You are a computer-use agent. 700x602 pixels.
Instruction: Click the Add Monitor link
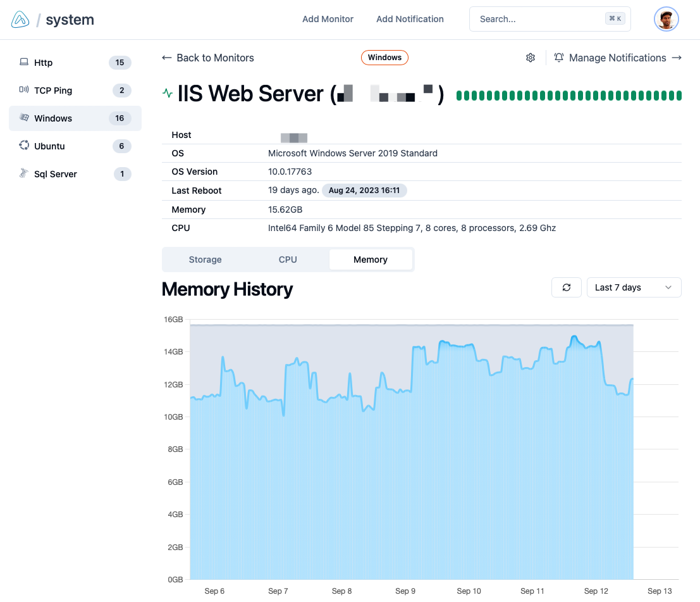click(328, 19)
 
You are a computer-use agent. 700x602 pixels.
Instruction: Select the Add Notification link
click(410, 19)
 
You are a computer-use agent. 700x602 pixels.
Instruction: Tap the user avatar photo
click(666, 19)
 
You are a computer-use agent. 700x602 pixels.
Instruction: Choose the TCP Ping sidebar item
click(53, 91)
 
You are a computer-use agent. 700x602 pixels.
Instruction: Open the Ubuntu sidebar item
click(49, 146)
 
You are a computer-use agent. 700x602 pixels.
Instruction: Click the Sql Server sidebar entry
click(55, 174)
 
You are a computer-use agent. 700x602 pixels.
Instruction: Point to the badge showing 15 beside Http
click(120, 63)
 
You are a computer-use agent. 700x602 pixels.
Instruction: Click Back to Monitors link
click(208, 58)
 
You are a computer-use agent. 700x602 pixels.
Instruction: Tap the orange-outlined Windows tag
click(384, 58)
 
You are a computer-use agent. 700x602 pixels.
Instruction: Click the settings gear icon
click(531, 58)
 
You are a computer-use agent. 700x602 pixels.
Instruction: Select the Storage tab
click(205, 260)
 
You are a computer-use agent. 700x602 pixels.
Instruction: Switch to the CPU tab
click(288, 260)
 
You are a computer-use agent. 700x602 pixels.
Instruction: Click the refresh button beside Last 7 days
click(567, 287)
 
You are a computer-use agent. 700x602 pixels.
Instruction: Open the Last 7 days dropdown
click(634, 287)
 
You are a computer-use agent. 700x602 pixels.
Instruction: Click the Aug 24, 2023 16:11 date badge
click(364, 191)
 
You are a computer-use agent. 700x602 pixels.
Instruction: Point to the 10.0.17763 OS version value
click(290, 172)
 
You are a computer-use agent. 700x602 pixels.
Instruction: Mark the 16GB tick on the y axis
click(173, 320)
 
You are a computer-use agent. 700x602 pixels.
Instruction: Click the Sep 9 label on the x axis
click(405, 591)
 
